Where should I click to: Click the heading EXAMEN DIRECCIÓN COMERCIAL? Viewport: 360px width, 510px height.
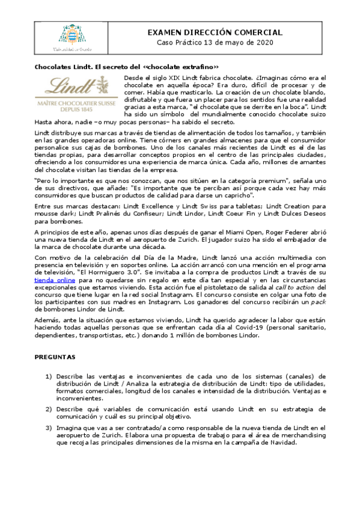215,32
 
